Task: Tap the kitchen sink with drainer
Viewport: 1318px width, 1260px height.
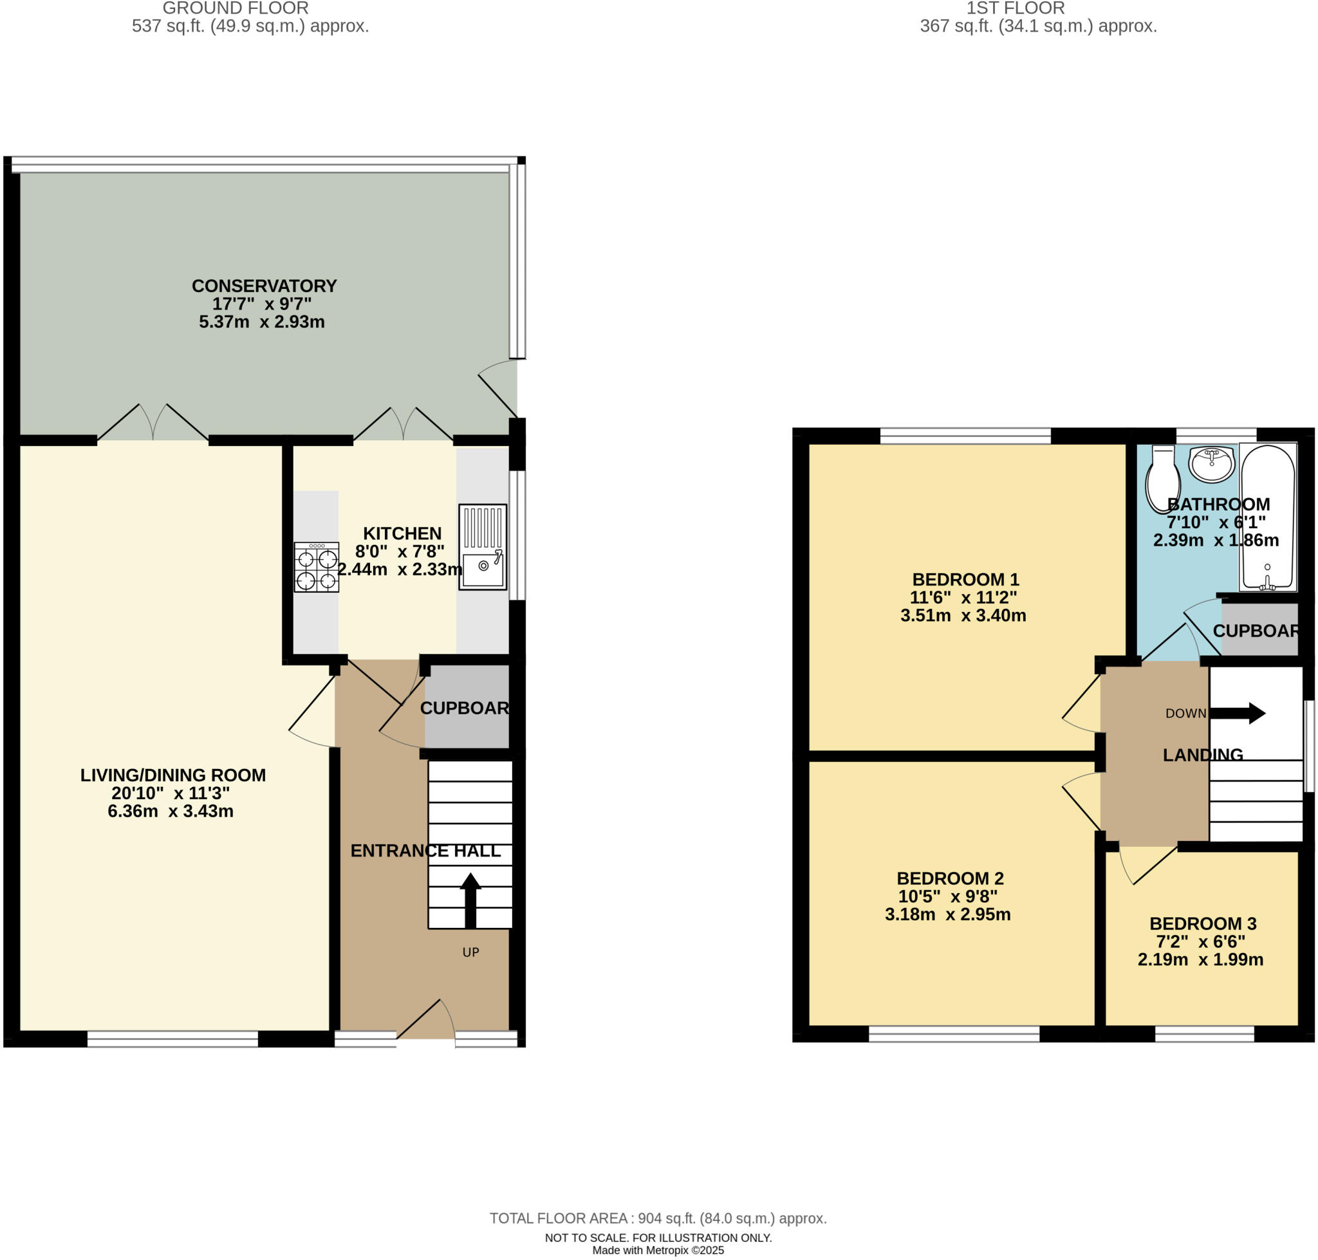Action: (x=482, y=547)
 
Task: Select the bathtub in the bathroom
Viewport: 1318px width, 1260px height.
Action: (x=1267, y=517)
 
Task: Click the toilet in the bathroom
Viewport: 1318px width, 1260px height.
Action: (x=1162, y=478)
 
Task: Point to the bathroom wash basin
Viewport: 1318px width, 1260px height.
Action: (x=1211, y=463)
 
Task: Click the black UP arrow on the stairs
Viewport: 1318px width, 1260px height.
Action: (x=470, y=900)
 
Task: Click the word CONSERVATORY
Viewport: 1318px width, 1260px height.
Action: (x=264, y=286)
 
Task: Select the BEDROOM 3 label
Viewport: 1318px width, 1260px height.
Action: (x=1202, y=923)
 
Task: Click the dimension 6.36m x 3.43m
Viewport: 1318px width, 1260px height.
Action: (x=171, y=811)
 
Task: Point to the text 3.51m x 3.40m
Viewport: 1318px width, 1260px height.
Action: (x=963, y=615)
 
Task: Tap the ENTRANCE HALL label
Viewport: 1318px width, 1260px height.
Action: (x=425, y=851)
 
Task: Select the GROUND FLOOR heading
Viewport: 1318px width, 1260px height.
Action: (x=235, y=9)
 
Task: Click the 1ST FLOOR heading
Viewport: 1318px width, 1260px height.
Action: (x=1014, y=9)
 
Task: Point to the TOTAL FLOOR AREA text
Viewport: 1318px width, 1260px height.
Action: (x=658, y=1218)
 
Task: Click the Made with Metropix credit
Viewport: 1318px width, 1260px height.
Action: (x=658, y=1250)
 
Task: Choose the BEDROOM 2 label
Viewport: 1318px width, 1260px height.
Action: (x=950, y=878)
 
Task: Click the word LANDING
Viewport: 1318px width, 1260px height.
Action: (x=1202, y=755)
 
